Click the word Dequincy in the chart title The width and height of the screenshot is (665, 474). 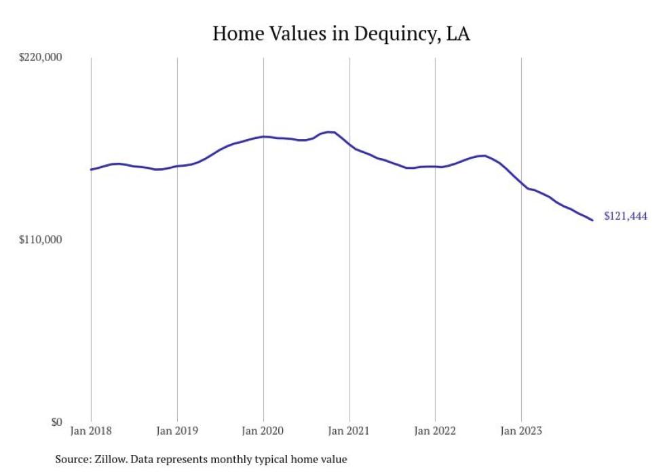[387, 34]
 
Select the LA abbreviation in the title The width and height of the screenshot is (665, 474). [457, 33]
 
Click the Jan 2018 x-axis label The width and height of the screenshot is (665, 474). [92, 431]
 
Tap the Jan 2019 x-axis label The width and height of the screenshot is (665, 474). [177, 431]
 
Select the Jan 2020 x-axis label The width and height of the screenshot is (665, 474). [263, 431]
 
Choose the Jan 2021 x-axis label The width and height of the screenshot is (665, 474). [349, 431]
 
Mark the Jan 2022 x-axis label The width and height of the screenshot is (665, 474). [435, 431]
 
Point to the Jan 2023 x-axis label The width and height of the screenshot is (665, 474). [521, 431]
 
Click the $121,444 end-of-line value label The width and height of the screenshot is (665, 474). [625, 217]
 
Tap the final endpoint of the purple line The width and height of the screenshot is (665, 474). [592, 220]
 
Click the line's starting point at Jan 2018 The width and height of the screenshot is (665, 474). [92, 170]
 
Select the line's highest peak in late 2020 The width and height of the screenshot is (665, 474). [330, 132]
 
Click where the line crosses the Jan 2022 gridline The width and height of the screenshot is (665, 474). [435, 166]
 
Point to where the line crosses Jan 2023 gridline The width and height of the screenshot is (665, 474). [521, 182]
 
